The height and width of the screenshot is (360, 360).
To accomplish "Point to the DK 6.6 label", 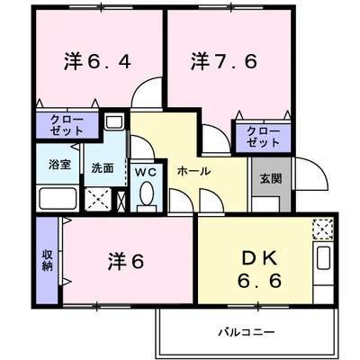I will coord(261,267).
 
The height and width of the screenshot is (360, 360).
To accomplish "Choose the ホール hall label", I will coord(193,171).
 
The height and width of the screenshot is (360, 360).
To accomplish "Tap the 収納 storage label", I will coord(48,260).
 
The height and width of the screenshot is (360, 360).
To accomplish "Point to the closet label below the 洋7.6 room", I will coord(262,137).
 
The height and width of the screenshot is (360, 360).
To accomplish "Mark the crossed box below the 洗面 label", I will coord(99,199).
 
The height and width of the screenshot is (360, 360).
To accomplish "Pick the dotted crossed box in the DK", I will coord(322,229).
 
